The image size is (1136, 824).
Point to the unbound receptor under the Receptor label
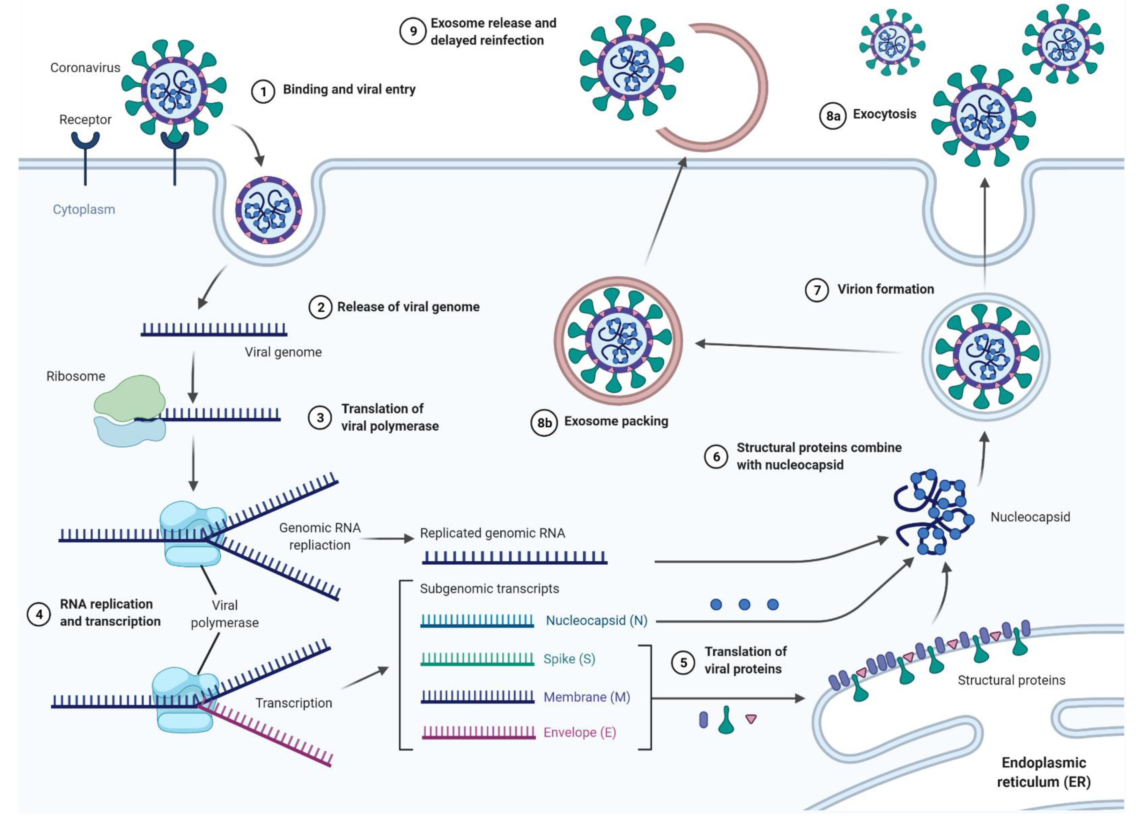[x=85, y=150]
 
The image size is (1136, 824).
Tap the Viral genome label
[x=283, y=352]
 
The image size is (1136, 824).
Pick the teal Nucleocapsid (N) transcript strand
[x=477, y=621]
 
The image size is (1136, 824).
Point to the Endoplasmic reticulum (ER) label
[x=1043, y=772]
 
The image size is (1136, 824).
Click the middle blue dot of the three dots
[x=744, y=604]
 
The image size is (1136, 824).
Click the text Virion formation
[x=885, y=289]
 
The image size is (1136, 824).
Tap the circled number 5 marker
[x=683, y=663]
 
